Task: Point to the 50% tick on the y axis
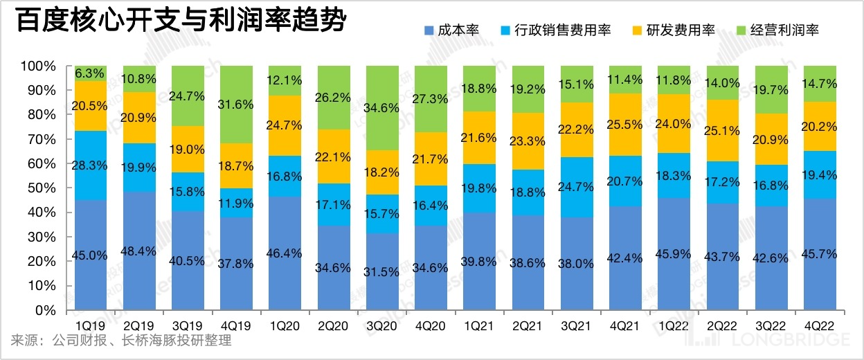coord(40,188)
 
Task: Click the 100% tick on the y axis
coord(37,66)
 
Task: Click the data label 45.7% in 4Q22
coord(820,255)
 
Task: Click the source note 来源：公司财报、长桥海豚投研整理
coord(121,341)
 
